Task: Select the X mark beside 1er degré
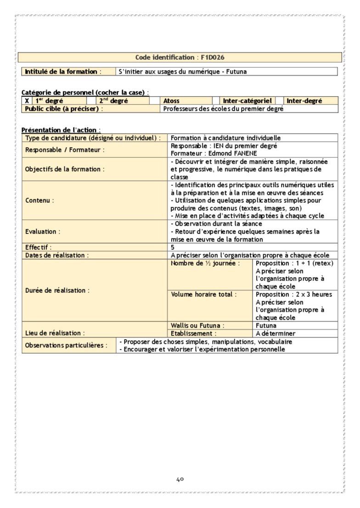click(x=27, y=101)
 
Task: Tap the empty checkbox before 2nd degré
click(x=91, y=101)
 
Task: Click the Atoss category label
click(x=171, y=101)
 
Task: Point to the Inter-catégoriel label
click(x=247, y=101)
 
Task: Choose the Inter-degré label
click(x=304, y=101)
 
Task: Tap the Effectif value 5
click(x=173, y=247)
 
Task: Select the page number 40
click(x=180, y=480)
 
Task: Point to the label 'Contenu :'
click(x=39, y=201)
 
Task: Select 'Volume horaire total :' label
click(x=203, y=294)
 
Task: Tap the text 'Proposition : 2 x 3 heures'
click(x=293, y=294)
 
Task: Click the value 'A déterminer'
click(x=276, y=334)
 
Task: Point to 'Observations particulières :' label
click(x=67, y=345)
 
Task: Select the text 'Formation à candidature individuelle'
click(x=225, y=138)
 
